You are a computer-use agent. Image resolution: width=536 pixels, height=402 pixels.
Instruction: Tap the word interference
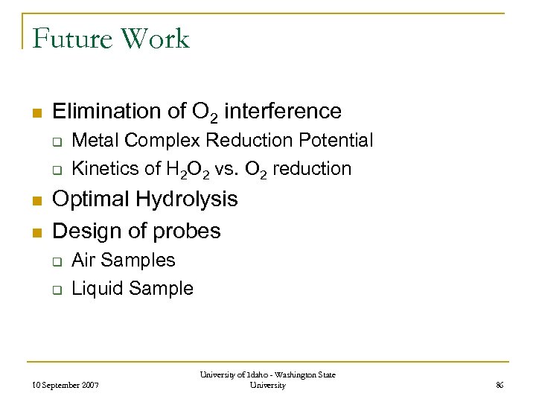click(282, 112)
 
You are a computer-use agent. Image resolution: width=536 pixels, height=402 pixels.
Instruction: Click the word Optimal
click(89, 200)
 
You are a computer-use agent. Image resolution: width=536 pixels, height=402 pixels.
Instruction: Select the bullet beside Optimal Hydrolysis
click(35, 200)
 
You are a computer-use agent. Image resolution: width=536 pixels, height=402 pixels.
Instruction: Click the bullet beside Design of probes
click(35, 232)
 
